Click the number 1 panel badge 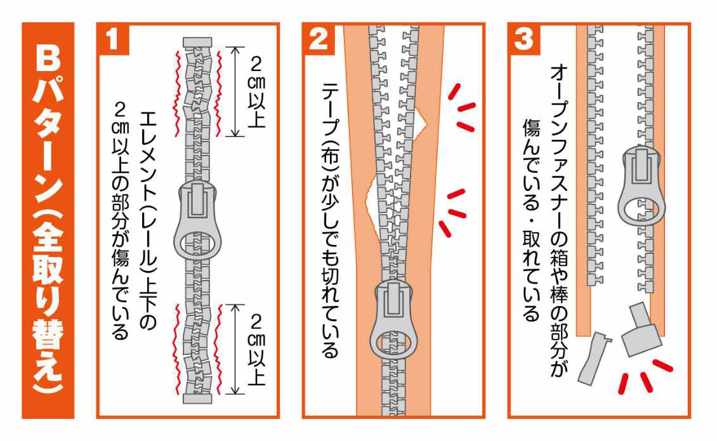coord(113,40)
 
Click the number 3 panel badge coord(524,40)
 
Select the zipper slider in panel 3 coord(640,184)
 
